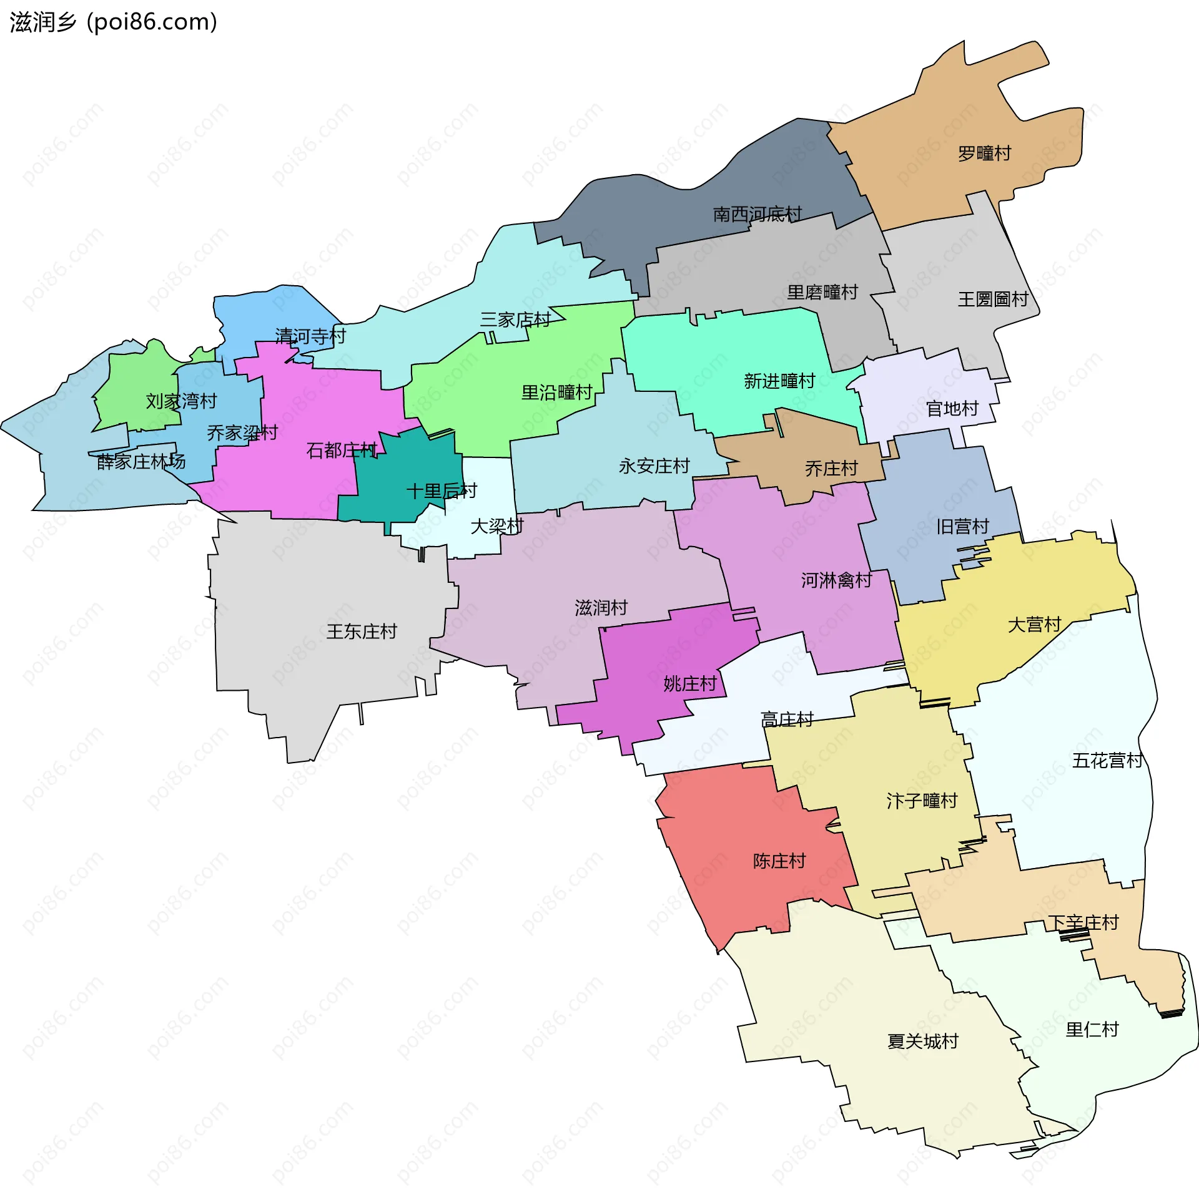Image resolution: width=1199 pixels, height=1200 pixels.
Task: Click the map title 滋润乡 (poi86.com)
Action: (113, 22)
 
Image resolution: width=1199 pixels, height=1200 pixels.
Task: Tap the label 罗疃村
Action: (984, 154)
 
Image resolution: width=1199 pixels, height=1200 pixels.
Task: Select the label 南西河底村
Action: (757, 214)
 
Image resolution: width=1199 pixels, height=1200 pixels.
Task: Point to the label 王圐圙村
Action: (993, 300)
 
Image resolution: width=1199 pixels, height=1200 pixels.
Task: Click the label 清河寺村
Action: (310, 336)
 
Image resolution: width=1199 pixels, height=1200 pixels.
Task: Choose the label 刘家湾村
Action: (181, 401)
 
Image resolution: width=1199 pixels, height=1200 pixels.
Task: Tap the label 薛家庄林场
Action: (141, 462)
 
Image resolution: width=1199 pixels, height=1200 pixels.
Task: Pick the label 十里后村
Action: (442, 491)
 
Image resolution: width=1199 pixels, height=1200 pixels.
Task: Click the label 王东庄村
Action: (362, 632)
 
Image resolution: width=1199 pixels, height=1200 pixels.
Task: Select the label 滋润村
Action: (601, 608)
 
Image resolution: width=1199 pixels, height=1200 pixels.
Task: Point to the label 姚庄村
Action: (689, 684)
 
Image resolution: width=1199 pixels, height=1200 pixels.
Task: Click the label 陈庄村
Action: (779, 861)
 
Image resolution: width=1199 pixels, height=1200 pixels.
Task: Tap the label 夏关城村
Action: (922, 1041)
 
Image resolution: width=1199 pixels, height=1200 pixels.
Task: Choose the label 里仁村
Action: (1092, 1030)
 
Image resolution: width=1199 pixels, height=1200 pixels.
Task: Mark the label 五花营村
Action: (1107, 761)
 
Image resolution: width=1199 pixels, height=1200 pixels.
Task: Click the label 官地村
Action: (952, 409)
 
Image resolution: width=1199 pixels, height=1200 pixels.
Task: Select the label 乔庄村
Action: (831, 469)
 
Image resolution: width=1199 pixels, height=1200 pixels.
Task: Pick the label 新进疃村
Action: (779, 381)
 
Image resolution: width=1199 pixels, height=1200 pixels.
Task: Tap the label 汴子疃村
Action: (922, 801)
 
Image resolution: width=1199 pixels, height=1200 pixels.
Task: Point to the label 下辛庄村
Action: (1083, 922)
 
